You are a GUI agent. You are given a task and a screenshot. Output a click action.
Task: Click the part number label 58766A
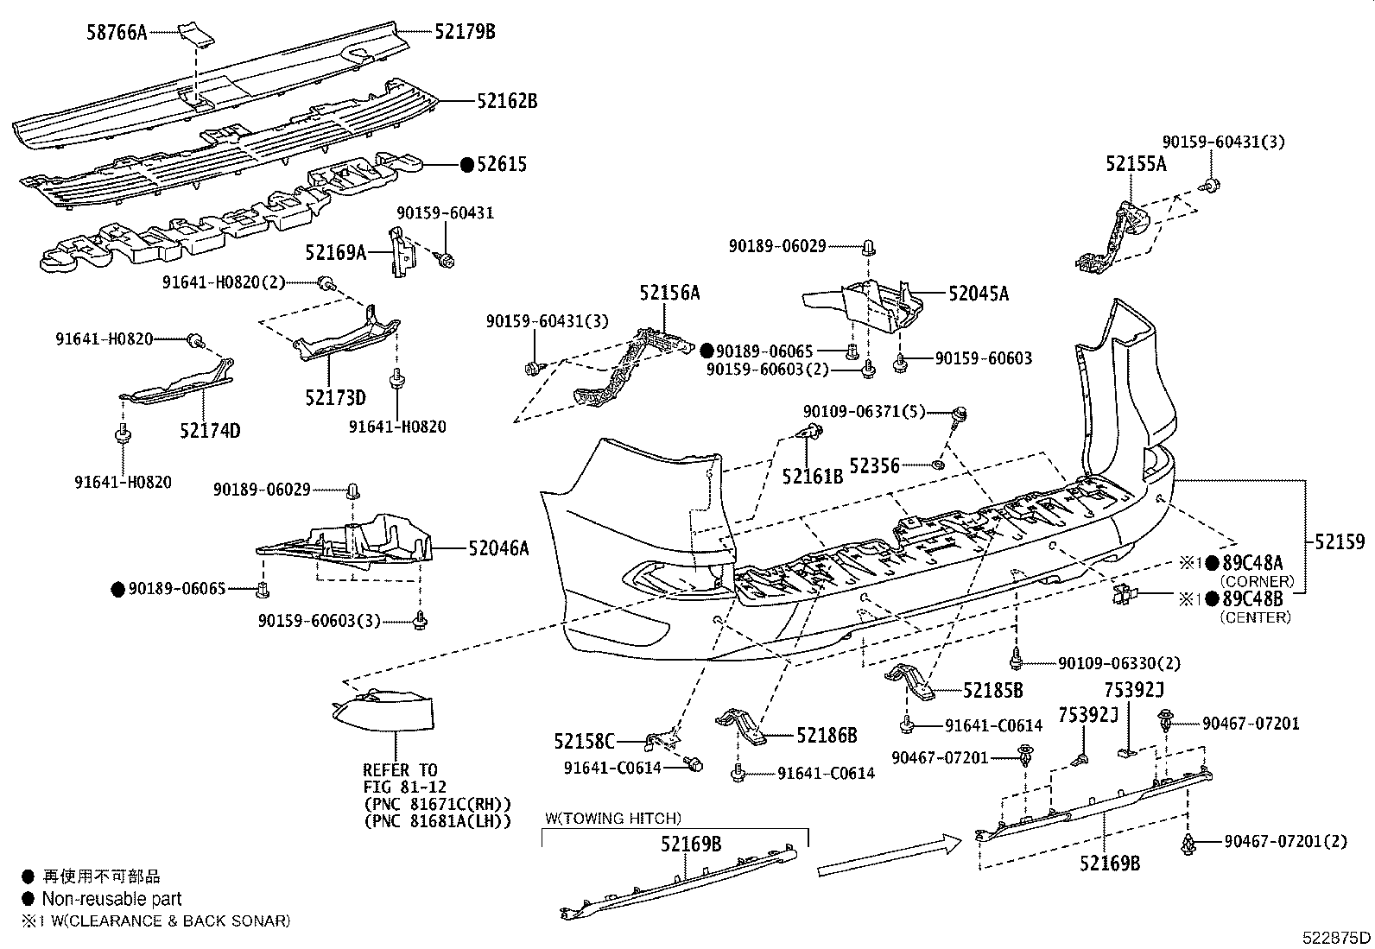[117, 32]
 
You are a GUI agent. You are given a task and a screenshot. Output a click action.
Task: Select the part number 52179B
[465, 31]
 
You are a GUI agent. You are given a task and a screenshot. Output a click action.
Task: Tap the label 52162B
[507, 101]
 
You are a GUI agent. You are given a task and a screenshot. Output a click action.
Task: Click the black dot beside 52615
[467, 165]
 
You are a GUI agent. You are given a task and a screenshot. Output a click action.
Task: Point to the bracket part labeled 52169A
[400, 251]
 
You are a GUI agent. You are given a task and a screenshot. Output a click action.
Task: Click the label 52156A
[669, 293]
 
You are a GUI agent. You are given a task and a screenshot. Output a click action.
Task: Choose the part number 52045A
[979, 294]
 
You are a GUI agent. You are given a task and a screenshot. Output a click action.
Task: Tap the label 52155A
[1137, 164]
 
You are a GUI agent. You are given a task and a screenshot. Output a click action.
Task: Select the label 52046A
[498, 547]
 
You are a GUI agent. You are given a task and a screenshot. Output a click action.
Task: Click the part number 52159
[1340, 541]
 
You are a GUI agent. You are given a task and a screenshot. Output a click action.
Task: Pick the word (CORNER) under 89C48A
[1257, 580]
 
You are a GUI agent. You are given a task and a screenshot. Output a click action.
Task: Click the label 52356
[874, 466]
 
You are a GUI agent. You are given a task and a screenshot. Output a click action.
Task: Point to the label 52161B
[812, 476]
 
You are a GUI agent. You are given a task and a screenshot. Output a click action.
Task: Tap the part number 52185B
[992, 691]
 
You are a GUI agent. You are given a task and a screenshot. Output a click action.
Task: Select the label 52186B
[827, 735]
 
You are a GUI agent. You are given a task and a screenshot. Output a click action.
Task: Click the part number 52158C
[584, 742]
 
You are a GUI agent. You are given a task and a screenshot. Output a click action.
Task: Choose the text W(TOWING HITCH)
[612, 819]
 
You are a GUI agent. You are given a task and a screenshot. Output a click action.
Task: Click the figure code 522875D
[1336, 938]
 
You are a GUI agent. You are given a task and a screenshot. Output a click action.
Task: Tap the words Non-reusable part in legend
[111, 899]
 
